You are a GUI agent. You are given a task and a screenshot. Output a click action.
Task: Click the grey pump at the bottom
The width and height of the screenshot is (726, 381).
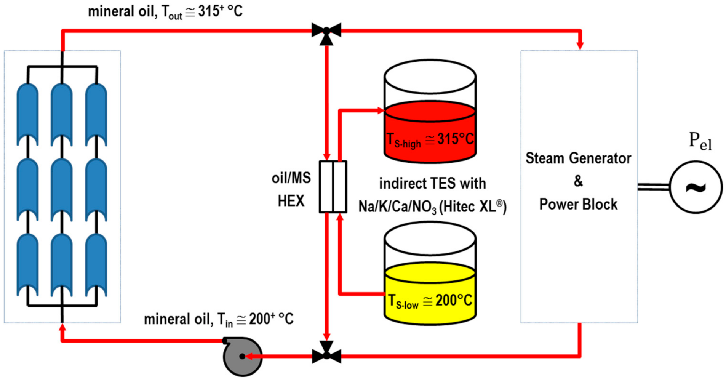point(242,357)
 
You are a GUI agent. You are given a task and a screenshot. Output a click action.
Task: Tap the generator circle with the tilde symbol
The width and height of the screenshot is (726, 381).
point(696,187)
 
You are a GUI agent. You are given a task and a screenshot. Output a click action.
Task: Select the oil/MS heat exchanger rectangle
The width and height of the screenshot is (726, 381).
point(333,187)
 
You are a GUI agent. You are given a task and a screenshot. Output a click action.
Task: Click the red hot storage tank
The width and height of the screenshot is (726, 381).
point(430,131)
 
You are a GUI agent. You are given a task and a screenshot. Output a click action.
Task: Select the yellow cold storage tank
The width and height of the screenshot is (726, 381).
point(430,293)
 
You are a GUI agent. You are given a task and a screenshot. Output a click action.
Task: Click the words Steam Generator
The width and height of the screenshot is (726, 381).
point(578,158)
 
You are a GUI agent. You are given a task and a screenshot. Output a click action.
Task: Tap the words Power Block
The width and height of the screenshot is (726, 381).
point(578,205)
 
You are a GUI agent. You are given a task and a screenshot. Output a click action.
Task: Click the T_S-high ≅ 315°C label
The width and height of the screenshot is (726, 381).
point(430,139)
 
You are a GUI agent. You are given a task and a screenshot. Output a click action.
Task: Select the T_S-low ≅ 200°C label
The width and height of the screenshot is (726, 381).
point(430,301)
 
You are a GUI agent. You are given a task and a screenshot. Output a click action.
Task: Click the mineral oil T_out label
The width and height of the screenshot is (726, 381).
point(165,12)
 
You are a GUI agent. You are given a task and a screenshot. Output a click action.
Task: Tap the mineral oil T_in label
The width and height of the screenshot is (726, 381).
point(218,319)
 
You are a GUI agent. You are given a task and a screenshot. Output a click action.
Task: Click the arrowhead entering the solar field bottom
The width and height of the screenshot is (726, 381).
point(62,328)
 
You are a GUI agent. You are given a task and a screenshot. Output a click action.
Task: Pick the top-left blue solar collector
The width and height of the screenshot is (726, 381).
point(27,114)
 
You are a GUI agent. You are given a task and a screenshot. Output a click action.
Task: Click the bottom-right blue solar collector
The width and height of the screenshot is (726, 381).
point(96,265)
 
